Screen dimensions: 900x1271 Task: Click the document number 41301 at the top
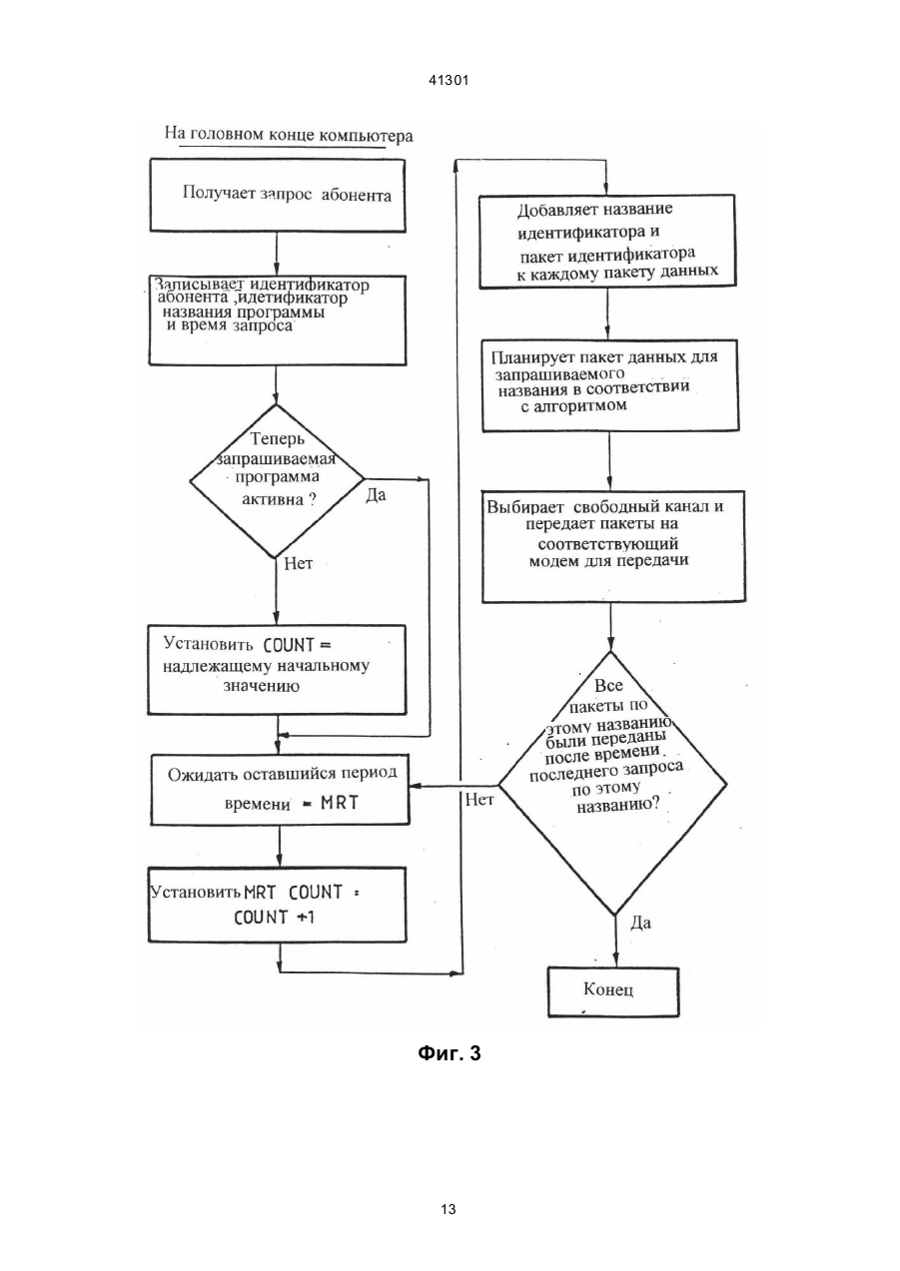coord(449,80)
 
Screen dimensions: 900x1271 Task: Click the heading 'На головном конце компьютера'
coord(289,135)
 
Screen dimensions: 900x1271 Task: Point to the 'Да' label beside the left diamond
coord(376,495)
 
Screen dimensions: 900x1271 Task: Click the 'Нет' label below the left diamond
coord(298,563)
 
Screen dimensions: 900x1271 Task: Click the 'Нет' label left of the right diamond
coord(479,800)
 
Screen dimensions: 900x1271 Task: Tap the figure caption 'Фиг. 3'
coord(450,1053)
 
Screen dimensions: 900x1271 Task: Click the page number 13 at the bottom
coord(449,1209)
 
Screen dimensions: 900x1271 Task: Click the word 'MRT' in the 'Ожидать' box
coord(340,803)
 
